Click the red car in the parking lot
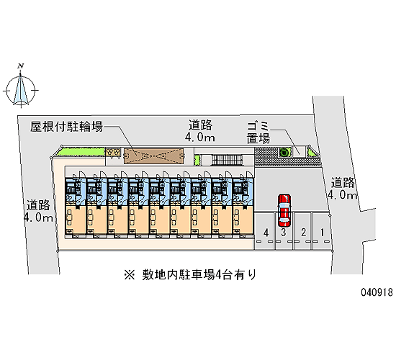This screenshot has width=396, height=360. pyautogui.click(x=284, y=210)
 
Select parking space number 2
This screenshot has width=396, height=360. pyautogui.click(x=303, y=232)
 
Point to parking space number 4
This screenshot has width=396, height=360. pyautogui.click(x=266, y=232)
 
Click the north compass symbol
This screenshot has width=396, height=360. pyautogui.click(x=21, y=90)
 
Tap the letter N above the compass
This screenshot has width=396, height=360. pyautogui.click(x=21, y=66)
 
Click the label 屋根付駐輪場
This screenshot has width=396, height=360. pyautogui.click(x=67, y=126)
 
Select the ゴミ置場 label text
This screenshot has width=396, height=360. pyautogui.click(x=258, y=132)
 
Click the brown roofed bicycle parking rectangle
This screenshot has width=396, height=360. pyautogui.click(x=153, y=156)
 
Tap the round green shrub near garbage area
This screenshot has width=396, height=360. pyautogui.click(x=284, y=153)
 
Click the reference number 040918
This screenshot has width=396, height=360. pyautogui.click(x=377, y=292)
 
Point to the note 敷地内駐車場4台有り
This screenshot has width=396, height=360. pyautogui.click(x=199, y=275)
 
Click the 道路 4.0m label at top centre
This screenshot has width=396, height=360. pyautogui.click(x=200, y=131)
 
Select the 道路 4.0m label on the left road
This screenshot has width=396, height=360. pyautogui.click(x=38, y=211)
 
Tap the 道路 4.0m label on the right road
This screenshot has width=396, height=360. pyautogui.click(x=343, y=189)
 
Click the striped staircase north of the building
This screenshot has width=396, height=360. pyautogui.click(x=227, y=160)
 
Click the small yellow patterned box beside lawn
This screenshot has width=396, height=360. pyautogui.click(x=112, y=152)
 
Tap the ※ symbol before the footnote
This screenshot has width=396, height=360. pyautogui.click(x=130, y=275)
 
